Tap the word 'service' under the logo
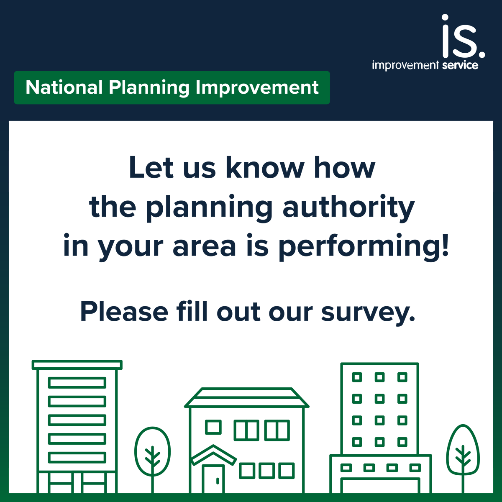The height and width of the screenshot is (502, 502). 460,65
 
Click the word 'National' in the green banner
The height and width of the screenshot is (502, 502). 64,87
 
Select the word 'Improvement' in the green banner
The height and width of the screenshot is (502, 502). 257,88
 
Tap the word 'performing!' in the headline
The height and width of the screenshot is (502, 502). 364,247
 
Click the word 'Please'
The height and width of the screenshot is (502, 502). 124,312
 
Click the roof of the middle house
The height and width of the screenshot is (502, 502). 246,397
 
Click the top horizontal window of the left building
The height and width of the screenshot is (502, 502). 77,382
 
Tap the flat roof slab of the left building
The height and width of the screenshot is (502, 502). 77,365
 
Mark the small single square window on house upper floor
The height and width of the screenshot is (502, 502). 213,427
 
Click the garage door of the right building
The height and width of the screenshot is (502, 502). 380,486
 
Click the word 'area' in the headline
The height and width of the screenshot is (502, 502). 205,247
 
